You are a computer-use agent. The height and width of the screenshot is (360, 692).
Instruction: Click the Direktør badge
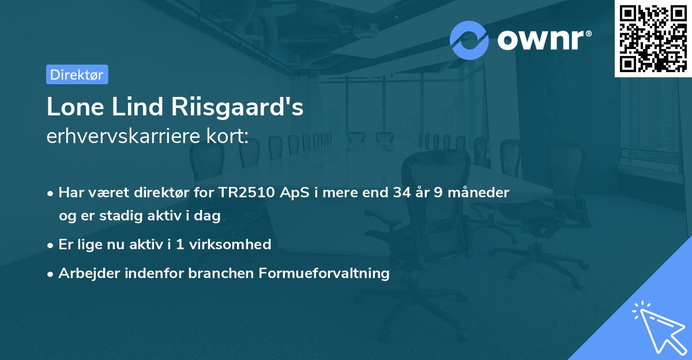point(77,74)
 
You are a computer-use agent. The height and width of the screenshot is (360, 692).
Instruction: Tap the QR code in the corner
point(653,38)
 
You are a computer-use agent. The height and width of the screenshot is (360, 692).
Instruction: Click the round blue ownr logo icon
point(469,40)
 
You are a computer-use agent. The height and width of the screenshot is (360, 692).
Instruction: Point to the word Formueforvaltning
point(333,273)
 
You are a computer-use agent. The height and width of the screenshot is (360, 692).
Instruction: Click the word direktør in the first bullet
point(167,193)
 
